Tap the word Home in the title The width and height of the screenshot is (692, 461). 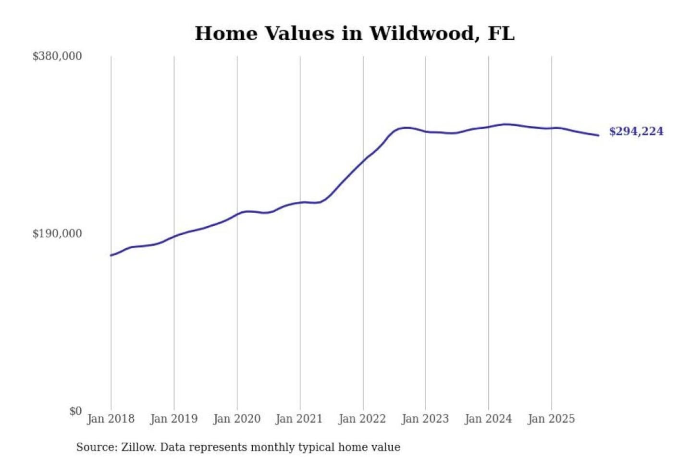click(225, 34)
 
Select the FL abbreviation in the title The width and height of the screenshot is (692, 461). click(501, 34)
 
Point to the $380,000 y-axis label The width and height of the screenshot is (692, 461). click(57, 56)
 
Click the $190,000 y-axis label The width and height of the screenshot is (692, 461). click(57, 233)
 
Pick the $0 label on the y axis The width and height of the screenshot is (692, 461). click(75, 411)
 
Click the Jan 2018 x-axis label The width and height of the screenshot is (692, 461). click(111, 419)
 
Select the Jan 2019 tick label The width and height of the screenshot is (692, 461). click(173, 419)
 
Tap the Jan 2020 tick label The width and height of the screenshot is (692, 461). click(236, 419)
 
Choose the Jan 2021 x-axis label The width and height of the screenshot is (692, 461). click(299, 419)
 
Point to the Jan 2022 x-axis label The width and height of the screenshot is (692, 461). click(362, 419)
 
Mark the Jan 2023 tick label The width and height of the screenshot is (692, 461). click(425, 419)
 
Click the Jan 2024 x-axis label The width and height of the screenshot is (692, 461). click(488, 419)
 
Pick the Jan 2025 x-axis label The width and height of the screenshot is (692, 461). click(551, 419)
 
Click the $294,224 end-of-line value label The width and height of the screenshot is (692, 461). click(636, 132)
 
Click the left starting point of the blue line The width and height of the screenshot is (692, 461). click(111, 255)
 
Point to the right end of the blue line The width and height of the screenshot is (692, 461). click(598, 135)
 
